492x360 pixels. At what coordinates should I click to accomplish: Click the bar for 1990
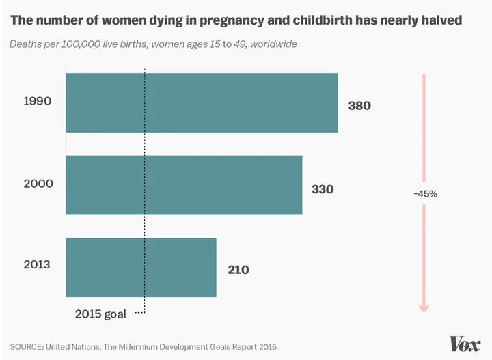click(x=202, y=102)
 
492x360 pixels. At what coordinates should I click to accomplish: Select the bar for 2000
click(x=184, y=185)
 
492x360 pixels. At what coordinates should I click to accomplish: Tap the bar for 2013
click(x=141, y=267)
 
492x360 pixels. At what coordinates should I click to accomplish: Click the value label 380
click(x=359, y=106)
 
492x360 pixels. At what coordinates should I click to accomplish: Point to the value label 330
click(x=323, y=189)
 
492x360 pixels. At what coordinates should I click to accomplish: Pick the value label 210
click(x=238, y=270)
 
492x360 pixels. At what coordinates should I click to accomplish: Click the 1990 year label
click(x=38, y=101)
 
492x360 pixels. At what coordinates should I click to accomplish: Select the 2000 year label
click(x=38, y=184)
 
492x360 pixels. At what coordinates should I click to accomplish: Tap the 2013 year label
click(x=38, y=264)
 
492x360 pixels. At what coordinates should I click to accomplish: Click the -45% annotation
click(x=425, y=193)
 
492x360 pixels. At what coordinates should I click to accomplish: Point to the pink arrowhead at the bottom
click(x=424, y=307)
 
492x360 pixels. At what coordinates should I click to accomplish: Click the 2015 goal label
click(x=100, y=314)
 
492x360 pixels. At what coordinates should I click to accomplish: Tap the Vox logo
click(x=465, y=344)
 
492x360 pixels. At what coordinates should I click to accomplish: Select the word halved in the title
click(x=440, y=20)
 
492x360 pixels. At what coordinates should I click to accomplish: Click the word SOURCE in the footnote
click(x=26, y=346)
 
